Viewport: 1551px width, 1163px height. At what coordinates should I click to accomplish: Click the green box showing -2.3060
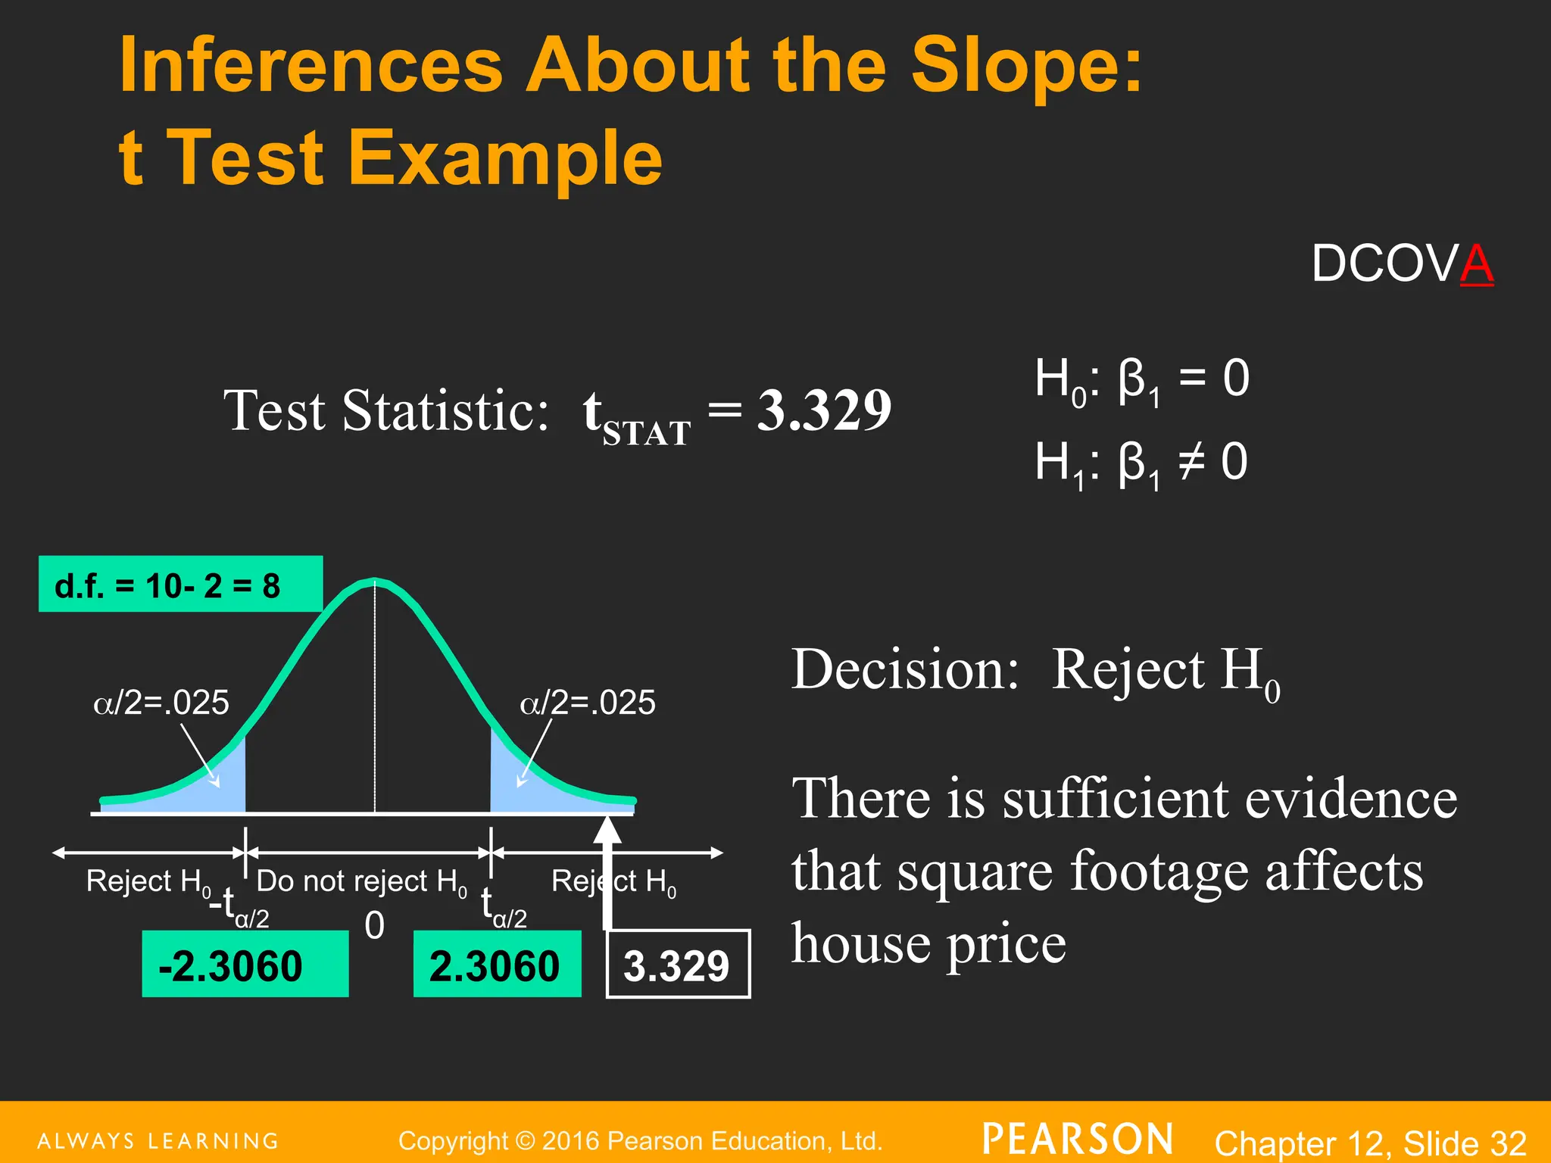pyautogui.click(x=245, y=965)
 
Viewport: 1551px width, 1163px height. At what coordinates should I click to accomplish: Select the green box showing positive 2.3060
pyautogui.click(x=497, y=965)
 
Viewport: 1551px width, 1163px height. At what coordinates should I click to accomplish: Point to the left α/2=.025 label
pyautogui.click(x=161, y=703)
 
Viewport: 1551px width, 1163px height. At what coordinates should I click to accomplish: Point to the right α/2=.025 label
pyautogui.click(x=587, y=703)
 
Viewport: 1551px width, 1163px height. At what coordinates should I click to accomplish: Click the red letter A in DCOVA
pyautogui.click(x=1476, y=264)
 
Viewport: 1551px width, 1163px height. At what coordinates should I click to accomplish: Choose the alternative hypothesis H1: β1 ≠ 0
pyautogui.click(x=1141, y=463)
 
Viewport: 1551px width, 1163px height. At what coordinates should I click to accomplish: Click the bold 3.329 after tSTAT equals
pyautogui.click(x=824, y=410)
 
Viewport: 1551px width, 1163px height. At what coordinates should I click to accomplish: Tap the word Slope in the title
pyautogui.click(x=1026, y=66)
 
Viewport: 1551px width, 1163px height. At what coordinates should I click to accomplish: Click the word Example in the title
pyautogui.click(x=504, y=158)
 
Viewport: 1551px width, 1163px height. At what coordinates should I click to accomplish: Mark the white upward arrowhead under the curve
pyautogui.click(x=607, y=831)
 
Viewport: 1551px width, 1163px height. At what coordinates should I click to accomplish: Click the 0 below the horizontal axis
pyautogui.click(x=374, y=925)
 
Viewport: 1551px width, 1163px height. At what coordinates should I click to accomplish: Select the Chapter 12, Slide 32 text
pyautogui.click(x=1370, y=1143)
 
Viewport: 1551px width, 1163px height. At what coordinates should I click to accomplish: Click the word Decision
pyautogui.click(x=905, y=670)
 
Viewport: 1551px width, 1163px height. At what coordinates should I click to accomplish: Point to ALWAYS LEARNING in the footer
pyautogui.click(x=158, y=1141)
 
